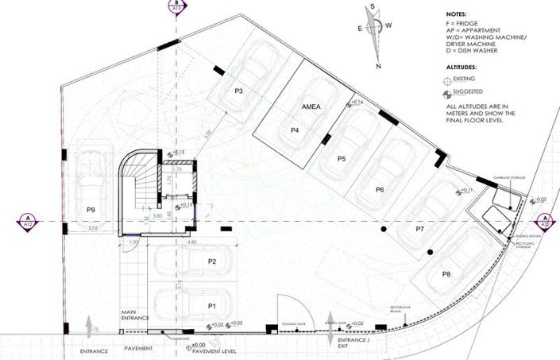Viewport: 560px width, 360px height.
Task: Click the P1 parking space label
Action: coord(212,305)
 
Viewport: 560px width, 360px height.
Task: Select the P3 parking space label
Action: coord(238,91)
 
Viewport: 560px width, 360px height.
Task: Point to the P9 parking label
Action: coord(92,210)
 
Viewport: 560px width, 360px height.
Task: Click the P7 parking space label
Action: coord(420,228)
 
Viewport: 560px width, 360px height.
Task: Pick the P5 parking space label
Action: coord(342,159)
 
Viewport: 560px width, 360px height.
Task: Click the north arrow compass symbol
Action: coord(374,35)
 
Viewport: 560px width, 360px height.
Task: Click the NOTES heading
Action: coord(456,14)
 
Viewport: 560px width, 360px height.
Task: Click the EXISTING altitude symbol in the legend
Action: coord(450,81)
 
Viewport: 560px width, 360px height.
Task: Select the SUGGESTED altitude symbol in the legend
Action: coord(450,95)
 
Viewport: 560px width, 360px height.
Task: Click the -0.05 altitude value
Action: coord(541,199)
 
